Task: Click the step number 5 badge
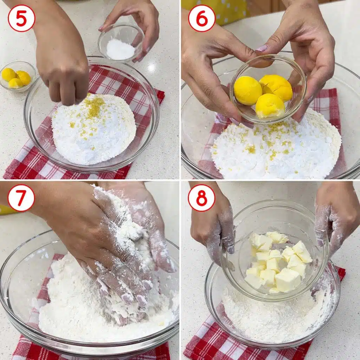[21, 18]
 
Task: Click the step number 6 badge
[202, 18]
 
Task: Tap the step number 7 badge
[21, 198]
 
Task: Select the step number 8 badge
[201, 198]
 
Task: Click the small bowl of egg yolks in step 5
[17, 77]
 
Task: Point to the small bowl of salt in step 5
[121, 44]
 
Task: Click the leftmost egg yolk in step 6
[248, 90]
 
